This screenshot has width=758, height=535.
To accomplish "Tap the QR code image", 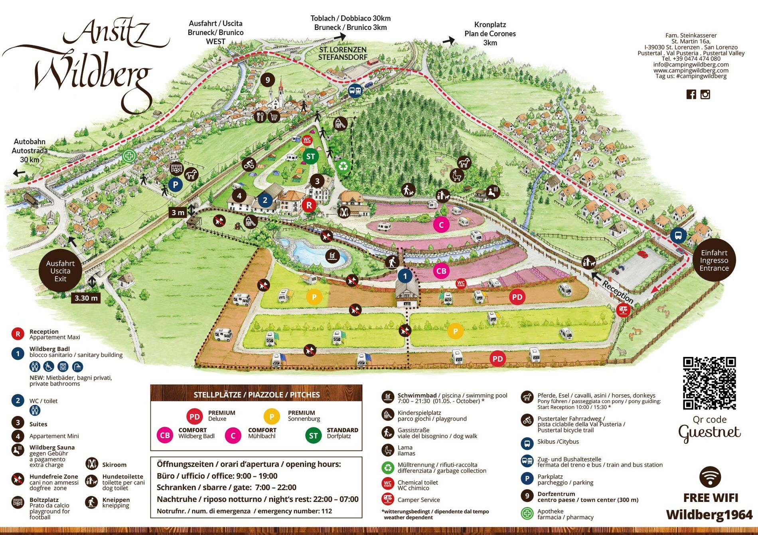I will click(x=709, y=383).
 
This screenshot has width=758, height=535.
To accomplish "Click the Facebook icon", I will click(x=691, y=94).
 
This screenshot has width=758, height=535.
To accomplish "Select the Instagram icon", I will click(x=705, y=94).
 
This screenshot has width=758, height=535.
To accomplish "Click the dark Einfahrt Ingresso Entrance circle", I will click(x=714, y=260).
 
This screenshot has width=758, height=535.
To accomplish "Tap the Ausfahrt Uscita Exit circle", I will click(x=60, y=271).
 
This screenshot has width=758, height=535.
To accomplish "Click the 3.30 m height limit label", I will click(x=86, y=298).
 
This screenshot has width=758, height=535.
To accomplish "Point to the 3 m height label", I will click(x=178, y=212).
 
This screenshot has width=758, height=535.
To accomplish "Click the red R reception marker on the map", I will click(x=308, y=205).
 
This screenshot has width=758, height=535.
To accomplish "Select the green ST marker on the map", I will click(x=310, y=157).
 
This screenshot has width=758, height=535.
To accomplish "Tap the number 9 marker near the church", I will click(x=268, y=80).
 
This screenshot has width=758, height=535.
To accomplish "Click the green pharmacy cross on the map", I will click(x=128, y=156).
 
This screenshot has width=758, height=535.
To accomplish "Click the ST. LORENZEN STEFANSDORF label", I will click(x=342, y=53).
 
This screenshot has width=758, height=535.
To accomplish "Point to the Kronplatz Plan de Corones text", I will click(x=490, y=33).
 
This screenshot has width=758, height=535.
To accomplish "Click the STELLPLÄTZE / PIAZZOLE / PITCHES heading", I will click(x=257, y=394).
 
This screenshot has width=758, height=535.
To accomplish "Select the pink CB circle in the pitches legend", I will click(x=165, y=435).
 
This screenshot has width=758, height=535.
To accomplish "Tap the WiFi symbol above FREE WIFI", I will click(x=710, y=476).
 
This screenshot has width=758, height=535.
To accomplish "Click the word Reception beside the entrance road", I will click(x=617, y=292).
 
